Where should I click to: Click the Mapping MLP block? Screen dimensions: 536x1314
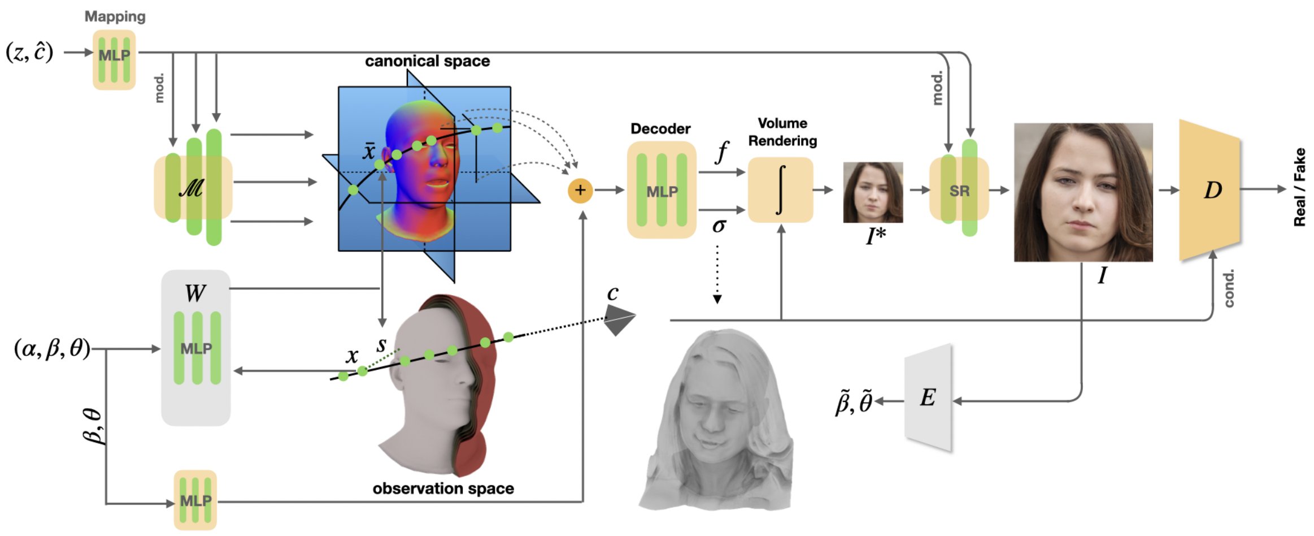[114, 59]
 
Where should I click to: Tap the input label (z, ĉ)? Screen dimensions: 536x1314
[29, 52]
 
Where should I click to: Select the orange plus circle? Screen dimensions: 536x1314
[580, 191]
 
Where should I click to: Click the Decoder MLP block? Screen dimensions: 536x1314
[662, 190]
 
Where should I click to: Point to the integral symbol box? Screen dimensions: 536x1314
[780, 190]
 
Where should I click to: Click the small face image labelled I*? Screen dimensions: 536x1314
[873, 192]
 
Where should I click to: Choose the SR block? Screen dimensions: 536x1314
[959, 189]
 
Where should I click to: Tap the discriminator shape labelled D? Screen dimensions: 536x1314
[1209, 190]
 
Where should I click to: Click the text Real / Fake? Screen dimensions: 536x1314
[1299, 187]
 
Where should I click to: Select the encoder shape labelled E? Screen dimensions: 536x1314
[928, 397]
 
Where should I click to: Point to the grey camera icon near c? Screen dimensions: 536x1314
[619, 319]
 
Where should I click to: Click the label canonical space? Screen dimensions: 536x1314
[427, 61]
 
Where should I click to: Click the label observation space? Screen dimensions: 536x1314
[443, 489]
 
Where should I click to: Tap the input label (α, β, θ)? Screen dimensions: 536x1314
[52, 348]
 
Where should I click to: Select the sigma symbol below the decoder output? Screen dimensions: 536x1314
[719, 226]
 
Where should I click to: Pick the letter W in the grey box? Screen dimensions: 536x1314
[195, 293]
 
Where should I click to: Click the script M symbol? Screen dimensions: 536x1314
[192, 187]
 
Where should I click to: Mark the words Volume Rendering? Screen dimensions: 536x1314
[782, 132]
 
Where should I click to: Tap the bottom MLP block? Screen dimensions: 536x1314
[195, 500]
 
